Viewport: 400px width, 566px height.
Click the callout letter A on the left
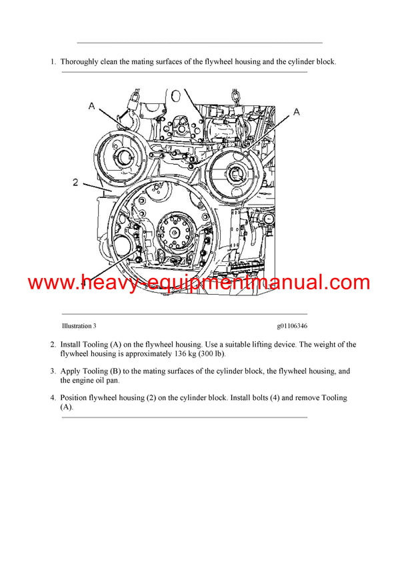tap(92, 105)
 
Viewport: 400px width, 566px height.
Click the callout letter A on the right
tap(296, 112)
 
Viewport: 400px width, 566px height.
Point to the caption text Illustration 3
tap(79, 326)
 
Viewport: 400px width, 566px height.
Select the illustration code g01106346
tap(293, 326)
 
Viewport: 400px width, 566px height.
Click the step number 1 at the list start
tap(53, 62)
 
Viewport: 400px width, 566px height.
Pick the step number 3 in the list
tap(53, 371)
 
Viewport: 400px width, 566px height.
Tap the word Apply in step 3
tap(71, 371)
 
